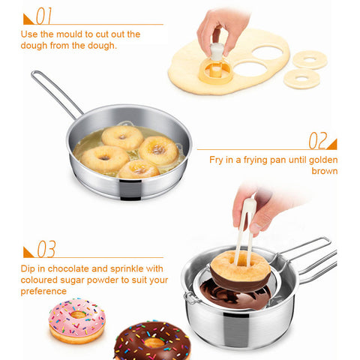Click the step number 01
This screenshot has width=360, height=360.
[x=44, y=16]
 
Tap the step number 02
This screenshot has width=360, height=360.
[x=318, y=140]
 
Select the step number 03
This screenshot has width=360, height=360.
[x=46, y=249]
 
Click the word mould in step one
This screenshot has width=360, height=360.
[x=67, y=34]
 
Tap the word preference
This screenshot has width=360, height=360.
[x=43, y=291]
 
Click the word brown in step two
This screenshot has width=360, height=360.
[x=325, y=171]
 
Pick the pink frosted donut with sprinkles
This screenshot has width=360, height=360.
[x=77, y=320]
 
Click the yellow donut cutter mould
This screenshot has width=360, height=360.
[x=215, y=70]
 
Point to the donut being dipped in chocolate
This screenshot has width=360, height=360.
[x=241, y=271]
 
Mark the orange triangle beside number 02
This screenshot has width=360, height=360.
[x=333, y=145]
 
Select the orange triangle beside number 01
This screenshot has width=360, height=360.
[x=27, y=20]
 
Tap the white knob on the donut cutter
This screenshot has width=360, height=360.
[x=217, y=51]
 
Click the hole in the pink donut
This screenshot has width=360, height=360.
[x=78, y=314]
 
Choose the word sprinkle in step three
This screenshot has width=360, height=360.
[x=127, y=268]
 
